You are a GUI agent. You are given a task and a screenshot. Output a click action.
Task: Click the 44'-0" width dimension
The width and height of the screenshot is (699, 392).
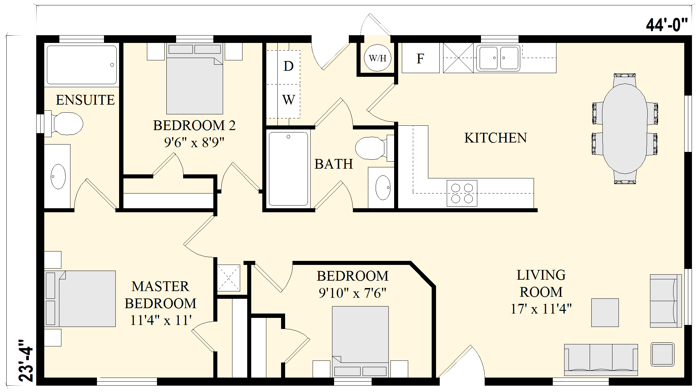pos(667,25)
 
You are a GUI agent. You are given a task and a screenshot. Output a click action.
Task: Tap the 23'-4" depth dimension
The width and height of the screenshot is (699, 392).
pos(26,360)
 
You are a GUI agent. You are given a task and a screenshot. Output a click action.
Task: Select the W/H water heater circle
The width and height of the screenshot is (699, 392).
pos(377,58)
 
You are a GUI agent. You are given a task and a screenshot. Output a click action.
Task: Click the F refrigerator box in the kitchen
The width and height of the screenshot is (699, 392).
pos(421,58)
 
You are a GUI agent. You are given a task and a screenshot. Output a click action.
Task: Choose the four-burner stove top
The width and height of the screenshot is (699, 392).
pos(462,193)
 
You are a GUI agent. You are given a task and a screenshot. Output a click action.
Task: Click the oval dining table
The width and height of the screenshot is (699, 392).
pos(625,129)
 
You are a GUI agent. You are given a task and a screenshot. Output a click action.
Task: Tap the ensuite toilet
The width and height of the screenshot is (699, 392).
pos(64,124)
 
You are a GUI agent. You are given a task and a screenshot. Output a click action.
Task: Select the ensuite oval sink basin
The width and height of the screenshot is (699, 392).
pos(58,176)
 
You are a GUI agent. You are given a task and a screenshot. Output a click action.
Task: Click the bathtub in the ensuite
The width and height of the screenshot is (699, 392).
pos(82,65)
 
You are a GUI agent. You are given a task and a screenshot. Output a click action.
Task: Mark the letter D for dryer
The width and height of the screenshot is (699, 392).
pos(288,66)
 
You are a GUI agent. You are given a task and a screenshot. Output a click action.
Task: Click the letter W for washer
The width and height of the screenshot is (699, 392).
pos(288,100)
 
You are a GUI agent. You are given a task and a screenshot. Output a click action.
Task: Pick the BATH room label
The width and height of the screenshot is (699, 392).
pos(334,164)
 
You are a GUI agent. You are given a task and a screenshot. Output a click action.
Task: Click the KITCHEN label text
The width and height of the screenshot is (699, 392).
pos(495,138)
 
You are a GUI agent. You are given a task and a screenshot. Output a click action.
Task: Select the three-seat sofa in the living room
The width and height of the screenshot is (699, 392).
pos(601,360)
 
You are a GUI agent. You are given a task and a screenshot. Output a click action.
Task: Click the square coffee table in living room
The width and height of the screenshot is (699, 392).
pos(605,313)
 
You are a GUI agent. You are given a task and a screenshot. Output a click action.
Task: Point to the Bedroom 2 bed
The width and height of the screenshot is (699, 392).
pos(195,78)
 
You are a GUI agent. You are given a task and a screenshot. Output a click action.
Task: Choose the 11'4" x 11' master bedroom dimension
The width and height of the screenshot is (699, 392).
pos(161,320)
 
